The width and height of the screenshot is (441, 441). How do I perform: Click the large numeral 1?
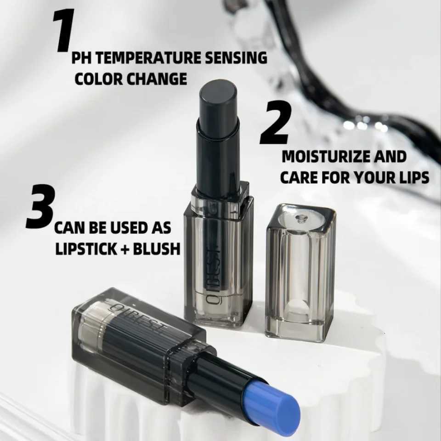[63, 30]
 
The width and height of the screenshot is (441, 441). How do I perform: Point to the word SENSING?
[236, 58]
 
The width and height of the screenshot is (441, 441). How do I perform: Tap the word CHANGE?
[158, 79]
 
